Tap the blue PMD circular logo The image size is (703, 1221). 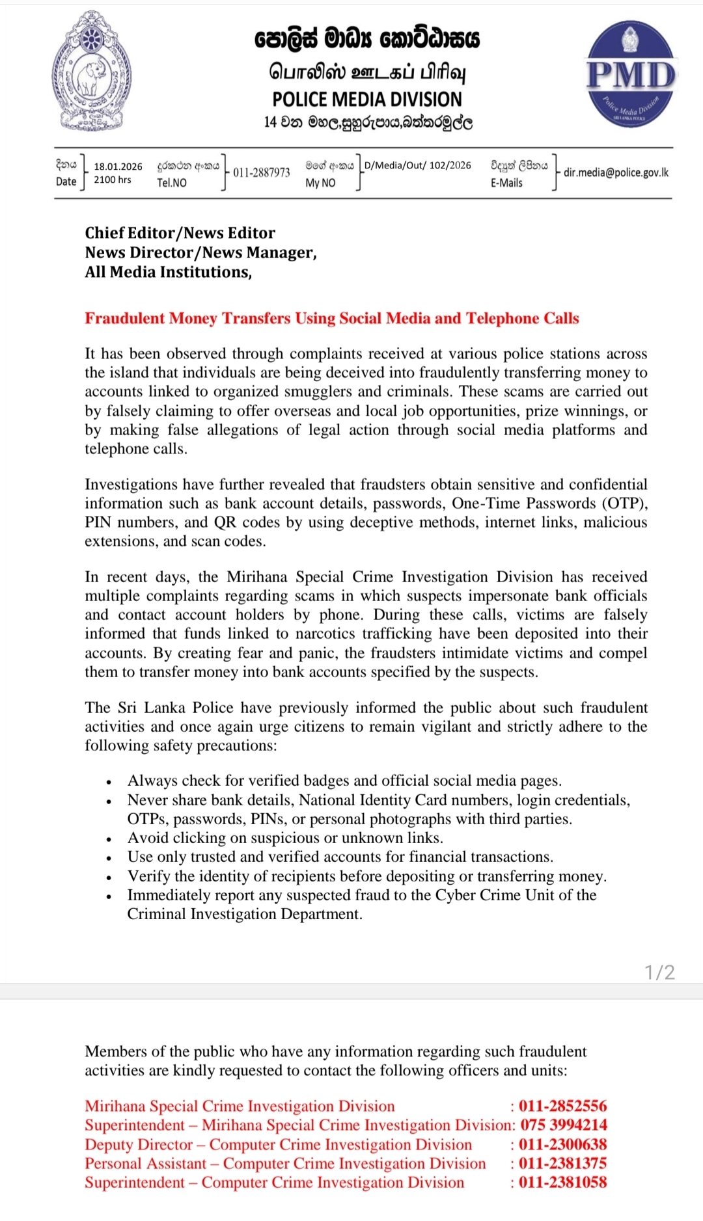pos(631,73)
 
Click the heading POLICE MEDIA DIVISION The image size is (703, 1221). pos(367,100)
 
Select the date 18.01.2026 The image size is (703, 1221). pos(118,167)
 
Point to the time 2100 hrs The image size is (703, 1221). pos(113,180)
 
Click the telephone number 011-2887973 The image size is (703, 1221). pos(262,172)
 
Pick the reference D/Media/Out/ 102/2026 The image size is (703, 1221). pos(418,165)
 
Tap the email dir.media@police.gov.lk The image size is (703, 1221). pos(616,172)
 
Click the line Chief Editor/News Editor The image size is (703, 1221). pos(180,233)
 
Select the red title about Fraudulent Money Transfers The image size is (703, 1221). pos(331,318)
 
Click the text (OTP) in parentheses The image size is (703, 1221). pos(624,503)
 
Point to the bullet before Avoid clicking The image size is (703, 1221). pos(109,839)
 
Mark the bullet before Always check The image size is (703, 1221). pos(109,782)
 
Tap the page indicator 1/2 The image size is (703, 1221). pos(659,973)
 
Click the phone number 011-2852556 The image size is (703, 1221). pos(562,1106)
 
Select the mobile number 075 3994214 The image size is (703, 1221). pos(563,1125)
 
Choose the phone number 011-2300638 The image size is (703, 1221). pos(562,1144)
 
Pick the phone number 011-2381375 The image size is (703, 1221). pos(562,1163)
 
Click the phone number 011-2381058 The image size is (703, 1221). pos(562,1182)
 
